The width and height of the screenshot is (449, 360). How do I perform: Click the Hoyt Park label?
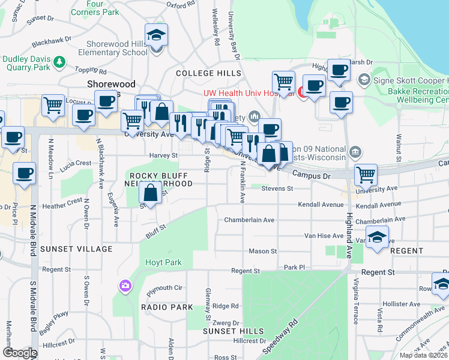point(163,262)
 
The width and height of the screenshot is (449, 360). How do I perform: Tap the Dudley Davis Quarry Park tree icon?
point(59,61)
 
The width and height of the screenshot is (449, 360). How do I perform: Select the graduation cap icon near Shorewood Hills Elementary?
point(156,36)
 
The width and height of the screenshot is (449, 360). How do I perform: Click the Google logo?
point(20,353)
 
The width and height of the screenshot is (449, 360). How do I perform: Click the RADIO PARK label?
point(167,307)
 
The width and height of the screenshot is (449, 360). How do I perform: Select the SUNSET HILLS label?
point(233,331)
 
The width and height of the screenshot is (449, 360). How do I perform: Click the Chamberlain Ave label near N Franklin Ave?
point(249,220)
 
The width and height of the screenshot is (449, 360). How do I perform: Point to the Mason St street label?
point(263,251)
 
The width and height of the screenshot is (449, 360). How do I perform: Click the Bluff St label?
point(154,227)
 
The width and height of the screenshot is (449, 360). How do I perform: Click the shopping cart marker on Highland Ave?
point(366,175)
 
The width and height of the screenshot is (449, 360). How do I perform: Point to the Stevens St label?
point(277,188)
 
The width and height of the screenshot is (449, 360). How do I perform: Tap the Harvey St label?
point(167,155)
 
